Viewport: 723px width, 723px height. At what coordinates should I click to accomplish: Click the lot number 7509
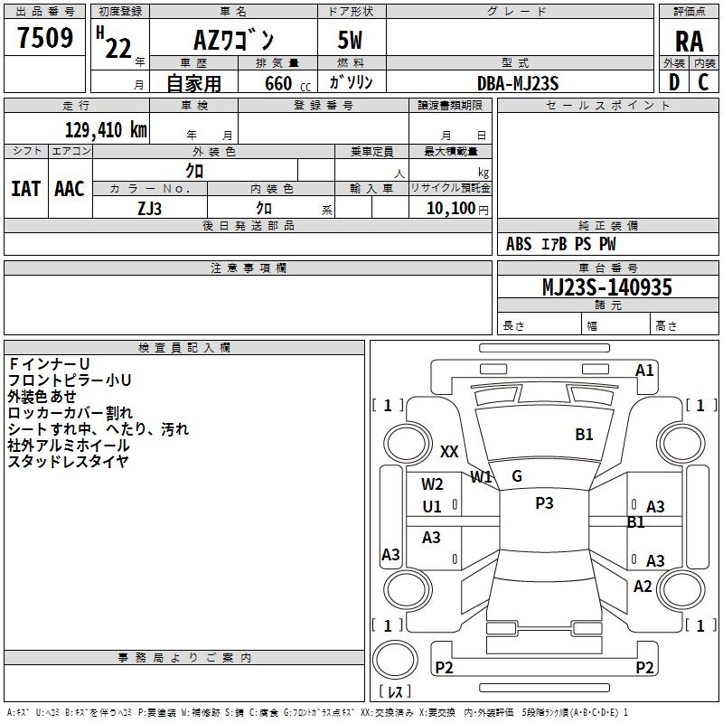[x=44, y=38]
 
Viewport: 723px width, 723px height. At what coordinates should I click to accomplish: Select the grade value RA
[x=689, y=41]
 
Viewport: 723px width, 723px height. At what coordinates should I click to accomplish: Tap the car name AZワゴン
[x=234, y=40]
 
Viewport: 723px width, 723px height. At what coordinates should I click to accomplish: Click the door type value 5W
[x=351, y=40]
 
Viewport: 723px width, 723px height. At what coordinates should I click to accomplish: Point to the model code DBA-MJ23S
[x=518, y=83]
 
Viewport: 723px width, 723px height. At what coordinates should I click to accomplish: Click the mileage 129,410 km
[x=106, y=130]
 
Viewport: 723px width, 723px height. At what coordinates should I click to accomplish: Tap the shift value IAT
[x=25, y=189]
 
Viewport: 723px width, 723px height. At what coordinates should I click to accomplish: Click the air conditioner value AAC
[x=69, y=189]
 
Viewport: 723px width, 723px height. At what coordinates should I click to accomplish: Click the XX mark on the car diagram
[x=449, y=452]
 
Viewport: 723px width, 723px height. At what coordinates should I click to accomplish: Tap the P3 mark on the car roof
[x=544, y=503]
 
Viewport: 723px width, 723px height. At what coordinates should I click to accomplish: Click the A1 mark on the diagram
[x=644, y=370]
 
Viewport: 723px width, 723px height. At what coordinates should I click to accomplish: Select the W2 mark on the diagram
[x=432, y=484]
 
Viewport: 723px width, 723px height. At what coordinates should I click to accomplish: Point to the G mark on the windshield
[x=517, y=476]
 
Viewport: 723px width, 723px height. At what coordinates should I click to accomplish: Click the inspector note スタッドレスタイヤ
[x=68, y=461]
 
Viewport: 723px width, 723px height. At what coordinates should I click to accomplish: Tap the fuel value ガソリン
[x=351, y=83]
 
